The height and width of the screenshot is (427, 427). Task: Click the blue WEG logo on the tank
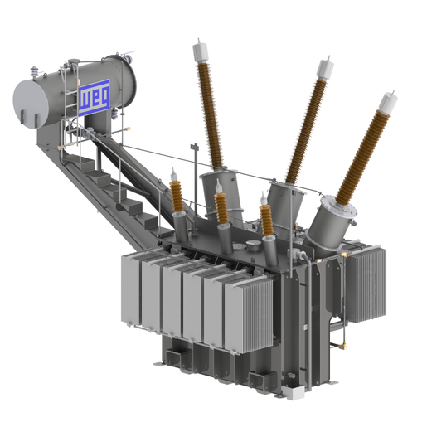(x=94, y=97)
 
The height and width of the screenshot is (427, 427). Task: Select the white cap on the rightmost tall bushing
(x=388, y=103)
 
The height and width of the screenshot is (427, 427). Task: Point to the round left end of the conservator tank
(x=31, y=104)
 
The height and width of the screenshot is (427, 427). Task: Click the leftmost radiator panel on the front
(x=131, y=289)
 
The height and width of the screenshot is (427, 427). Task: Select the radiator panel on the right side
(x=366, y=284)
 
